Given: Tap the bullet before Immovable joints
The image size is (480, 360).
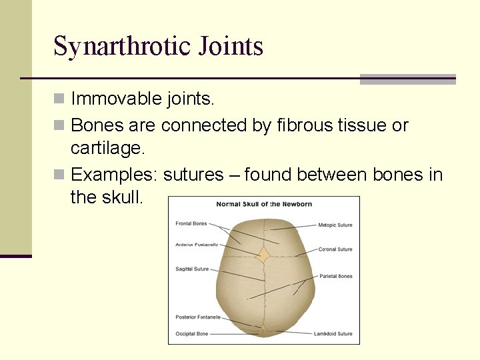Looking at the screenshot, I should (59, 99).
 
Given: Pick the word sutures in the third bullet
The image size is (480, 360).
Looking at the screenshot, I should (193, 175).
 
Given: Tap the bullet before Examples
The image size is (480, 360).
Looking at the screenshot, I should (59, 175).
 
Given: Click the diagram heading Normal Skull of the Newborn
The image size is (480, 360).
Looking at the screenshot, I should (263, 204).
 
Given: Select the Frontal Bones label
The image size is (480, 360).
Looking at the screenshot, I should (191, 223).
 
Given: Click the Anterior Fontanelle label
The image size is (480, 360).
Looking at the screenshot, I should (197, 245).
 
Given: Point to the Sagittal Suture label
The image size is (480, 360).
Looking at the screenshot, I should (192, 269).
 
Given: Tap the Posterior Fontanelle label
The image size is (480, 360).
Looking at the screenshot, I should (198, 317).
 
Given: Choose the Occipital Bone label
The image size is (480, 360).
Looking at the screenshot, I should (192, 333).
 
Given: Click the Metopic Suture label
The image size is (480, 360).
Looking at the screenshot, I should (335, 225).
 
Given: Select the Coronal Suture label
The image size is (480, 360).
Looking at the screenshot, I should (335, 249).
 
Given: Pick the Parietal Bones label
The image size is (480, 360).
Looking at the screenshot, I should (335, 276).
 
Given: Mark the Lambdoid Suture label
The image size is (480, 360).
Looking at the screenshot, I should (333, 334).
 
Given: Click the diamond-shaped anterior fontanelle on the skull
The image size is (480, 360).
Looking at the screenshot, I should (264, 255).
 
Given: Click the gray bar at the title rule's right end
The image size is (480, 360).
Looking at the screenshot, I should (407, 79).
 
